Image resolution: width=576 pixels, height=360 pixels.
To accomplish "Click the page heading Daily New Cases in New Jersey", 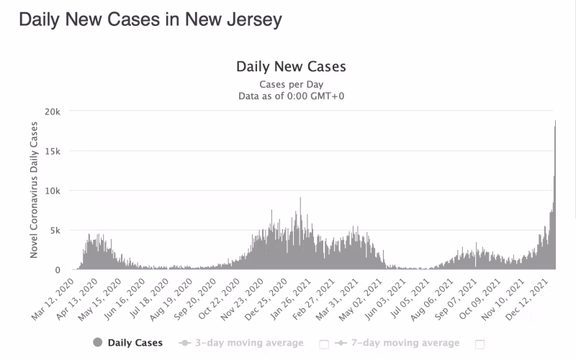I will point(150,19).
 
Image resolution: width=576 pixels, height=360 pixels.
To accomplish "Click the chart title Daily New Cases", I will point(291,67).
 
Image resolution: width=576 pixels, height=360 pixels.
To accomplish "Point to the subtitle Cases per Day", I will point(291,84).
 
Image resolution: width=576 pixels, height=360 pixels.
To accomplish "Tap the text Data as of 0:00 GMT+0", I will point(291,95).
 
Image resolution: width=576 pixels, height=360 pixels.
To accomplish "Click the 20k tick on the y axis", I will point(53,112).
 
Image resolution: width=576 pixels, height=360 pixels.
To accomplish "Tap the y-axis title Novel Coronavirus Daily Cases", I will point(34,190).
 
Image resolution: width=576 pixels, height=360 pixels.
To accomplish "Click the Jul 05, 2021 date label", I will point(413,297).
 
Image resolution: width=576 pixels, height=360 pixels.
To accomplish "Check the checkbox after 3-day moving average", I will point(324,343).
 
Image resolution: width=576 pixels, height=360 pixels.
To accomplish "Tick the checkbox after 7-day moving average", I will point(480,343).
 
